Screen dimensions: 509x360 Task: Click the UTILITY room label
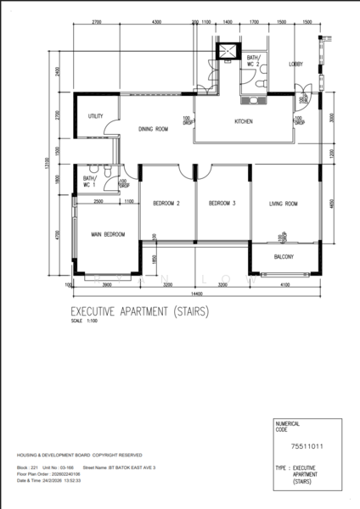coord(95,117)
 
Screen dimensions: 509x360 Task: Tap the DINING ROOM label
coord(155,129)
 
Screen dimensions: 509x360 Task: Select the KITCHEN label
coord(244,121)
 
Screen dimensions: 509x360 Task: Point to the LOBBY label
coord(295,64)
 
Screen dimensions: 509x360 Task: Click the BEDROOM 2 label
coord(167,203)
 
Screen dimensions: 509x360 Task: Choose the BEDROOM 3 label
coord(222,203)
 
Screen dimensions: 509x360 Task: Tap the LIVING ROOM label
coord(283,203)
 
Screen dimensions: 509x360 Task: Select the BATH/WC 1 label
coord(90,182)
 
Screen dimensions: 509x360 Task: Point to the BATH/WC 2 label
coord(253,61)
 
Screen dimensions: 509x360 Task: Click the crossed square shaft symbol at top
coord(227,50)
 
